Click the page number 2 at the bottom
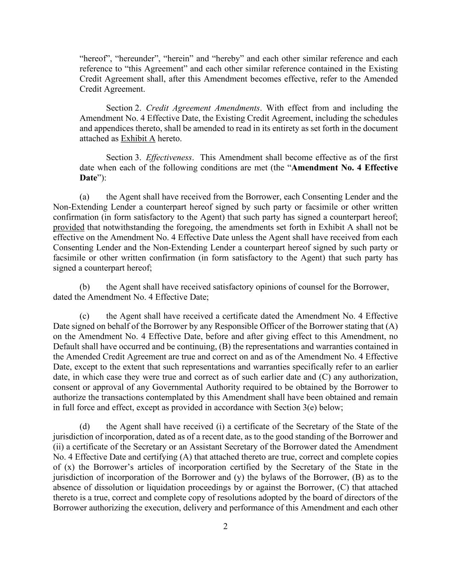[225, 526]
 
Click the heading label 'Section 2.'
[124, 108]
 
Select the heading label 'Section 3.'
[124, 158]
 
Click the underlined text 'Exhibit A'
[138, 139]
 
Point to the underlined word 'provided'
[68, 227]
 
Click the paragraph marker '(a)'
[85, 197]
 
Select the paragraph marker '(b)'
[85, 287]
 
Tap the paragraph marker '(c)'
[85, 316]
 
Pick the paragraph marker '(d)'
[85, 427]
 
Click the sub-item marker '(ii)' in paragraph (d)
[59, 447]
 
